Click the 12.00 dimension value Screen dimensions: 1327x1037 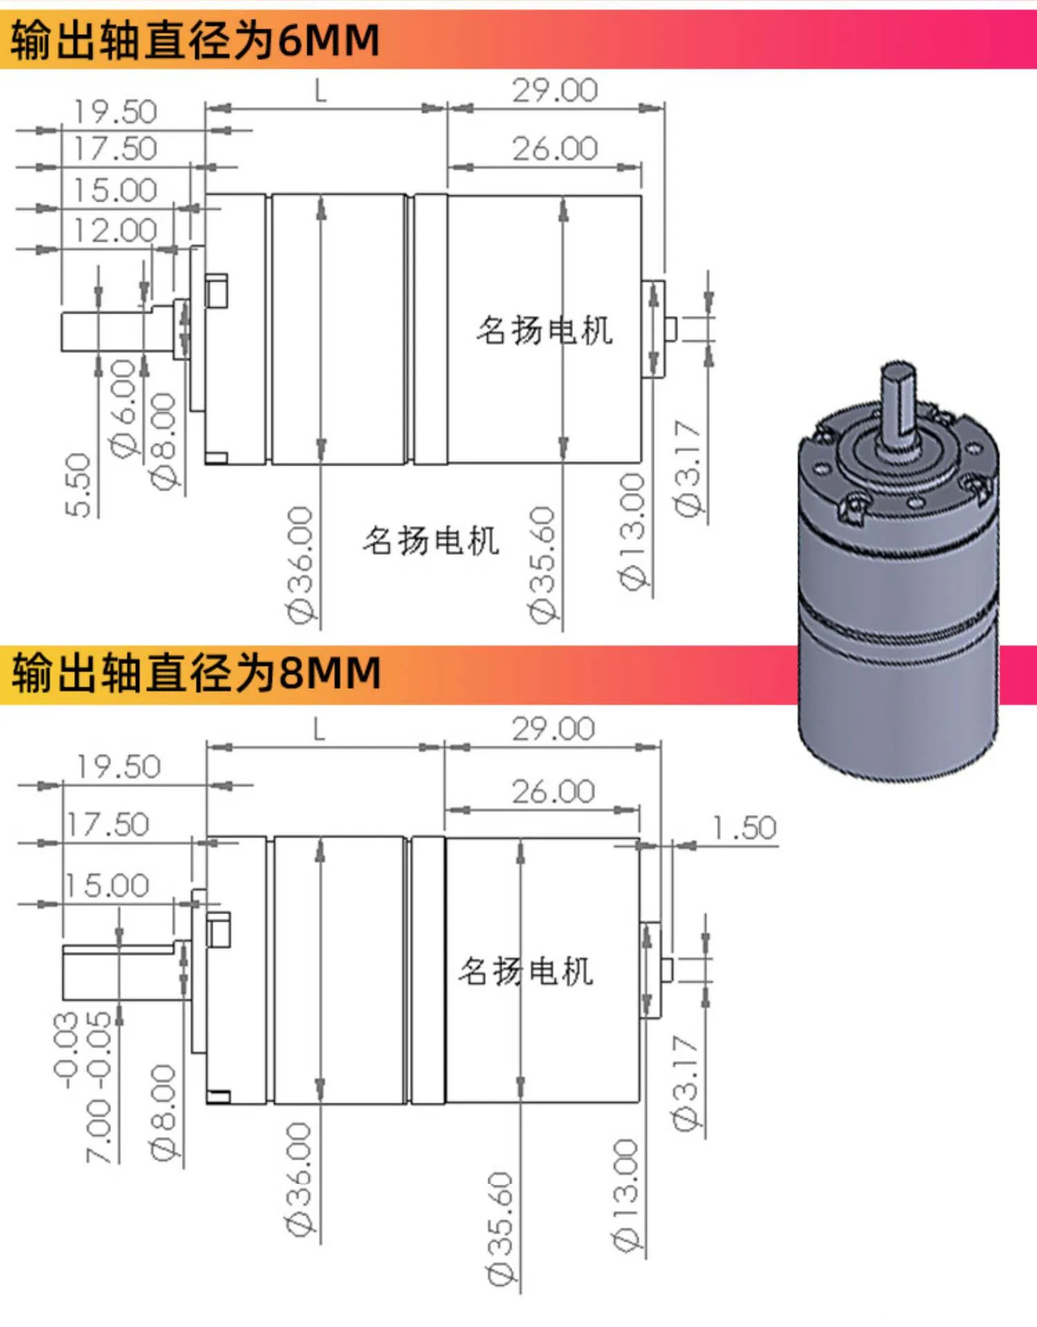click(115, 230)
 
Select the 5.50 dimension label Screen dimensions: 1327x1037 click(78, 485)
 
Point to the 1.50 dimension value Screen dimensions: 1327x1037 click(745, 827)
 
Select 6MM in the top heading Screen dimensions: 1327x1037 click(328, 39)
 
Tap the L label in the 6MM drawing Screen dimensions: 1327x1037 click(320, 91)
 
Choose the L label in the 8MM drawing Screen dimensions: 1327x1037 click(319, 728)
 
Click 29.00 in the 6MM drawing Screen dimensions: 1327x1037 click(554, 91)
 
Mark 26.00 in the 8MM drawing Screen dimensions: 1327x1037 click(553, 792)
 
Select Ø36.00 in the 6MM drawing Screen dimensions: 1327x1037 click(301, 564)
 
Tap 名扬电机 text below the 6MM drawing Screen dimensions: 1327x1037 click(431, 540)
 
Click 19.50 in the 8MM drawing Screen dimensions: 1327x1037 click(118, 766)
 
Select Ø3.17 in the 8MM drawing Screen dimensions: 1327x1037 click(686, 1083)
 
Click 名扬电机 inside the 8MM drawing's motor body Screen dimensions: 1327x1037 click(525, 971)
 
